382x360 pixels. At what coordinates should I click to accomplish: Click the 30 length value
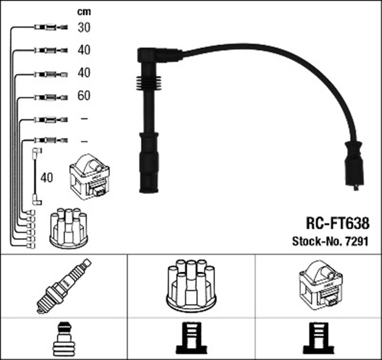tap(84, 27)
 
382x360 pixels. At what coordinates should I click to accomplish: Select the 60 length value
tap(84, 96)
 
